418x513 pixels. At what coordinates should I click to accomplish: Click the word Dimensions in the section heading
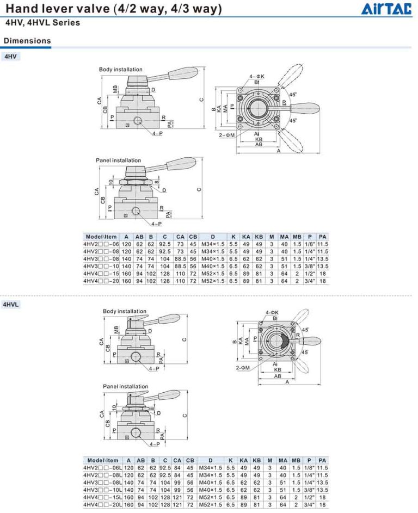[x=27, y=41]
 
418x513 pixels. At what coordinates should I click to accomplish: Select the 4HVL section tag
[x=11, y=305]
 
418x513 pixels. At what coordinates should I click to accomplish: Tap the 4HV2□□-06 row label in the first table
[x=101, y=244]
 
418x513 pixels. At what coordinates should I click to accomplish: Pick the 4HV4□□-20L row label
[x=102, y=505]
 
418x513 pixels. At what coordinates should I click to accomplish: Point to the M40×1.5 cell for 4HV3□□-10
[x=213, y=267]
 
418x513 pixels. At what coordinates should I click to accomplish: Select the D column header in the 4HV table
[x=213, y=237]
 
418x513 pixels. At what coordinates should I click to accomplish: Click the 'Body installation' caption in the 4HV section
[x=120, y=70]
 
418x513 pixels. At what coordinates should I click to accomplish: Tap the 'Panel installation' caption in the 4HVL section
[x=125, y=386]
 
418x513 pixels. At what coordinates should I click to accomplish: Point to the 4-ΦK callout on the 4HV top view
[x=256, y=76]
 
